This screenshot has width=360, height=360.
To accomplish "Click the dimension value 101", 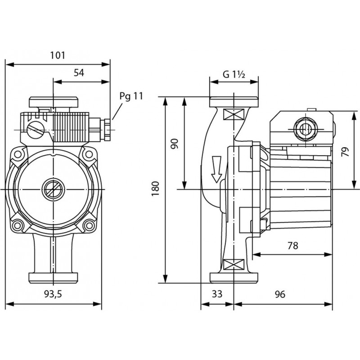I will tap(58, 55).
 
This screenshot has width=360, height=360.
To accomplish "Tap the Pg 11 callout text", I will tap(131, 96).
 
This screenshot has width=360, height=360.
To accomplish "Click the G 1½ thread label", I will tap(234, 74).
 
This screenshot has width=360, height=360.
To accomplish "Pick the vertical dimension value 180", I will tap(156, 189).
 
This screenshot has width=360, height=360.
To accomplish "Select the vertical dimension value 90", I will tap(175, 144).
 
